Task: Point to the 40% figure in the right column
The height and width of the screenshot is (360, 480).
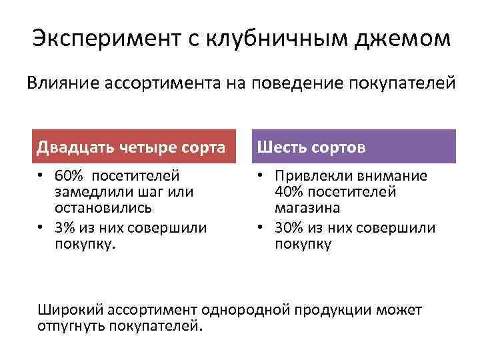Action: click(x=288, y=192)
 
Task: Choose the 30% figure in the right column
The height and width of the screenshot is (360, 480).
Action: click(x=288, y=228)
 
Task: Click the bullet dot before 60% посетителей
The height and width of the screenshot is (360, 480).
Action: click(x=41, y=177)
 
